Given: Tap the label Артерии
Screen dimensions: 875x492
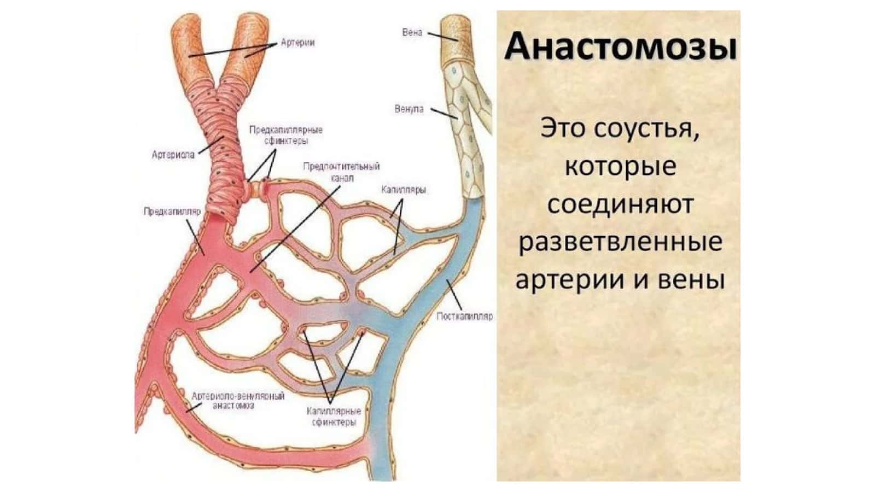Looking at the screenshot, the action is point(297,43).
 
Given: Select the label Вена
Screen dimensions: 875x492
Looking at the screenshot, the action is point(412,32).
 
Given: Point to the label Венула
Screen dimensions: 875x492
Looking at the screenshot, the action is point(409,109).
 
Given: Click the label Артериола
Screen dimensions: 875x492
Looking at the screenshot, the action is point(173,155).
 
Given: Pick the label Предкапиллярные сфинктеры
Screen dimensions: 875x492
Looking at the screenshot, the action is point(286,135).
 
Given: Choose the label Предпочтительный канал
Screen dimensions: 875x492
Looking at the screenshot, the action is point(341,172).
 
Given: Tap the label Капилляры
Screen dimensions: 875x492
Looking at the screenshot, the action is point(404,190).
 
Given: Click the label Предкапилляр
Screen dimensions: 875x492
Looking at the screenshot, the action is point(172,211).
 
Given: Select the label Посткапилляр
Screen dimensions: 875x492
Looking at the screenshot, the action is point(464,317).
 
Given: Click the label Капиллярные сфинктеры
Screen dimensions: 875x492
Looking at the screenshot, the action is point(334,417).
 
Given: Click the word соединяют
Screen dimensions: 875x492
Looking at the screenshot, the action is point(620,204).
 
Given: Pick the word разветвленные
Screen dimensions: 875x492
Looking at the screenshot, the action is point(620,242).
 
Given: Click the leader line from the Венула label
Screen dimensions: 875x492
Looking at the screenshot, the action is point(444,113).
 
